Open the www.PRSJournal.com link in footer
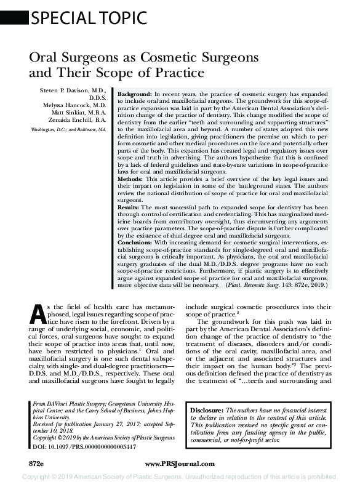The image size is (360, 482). pyautogui.click(x=179, y=464)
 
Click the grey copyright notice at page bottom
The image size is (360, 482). pyautogui.click(x=180, y=476)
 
